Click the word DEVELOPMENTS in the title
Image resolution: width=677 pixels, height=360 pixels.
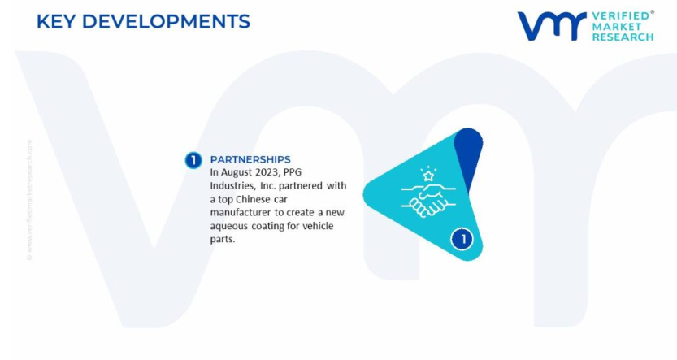[x=167, y=22]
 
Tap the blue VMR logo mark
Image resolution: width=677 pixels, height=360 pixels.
[x=552, y=26]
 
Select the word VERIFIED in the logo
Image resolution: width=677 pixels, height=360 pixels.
[x=621, y=16]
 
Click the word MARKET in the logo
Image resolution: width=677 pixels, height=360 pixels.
[x=617, y=26]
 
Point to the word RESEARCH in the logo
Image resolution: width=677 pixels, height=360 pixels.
[x=623, y=37]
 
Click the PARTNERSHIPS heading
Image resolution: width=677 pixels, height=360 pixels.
[x=250, y=159]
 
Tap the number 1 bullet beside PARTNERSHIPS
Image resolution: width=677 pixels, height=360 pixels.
[x=193, y=160]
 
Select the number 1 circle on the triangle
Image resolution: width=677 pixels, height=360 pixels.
[x=462, y=239]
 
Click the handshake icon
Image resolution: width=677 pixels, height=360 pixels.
[x=428, y=201]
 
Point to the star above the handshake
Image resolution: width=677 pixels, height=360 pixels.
[x=428, y=175]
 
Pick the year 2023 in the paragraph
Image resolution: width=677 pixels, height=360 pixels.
[x=267, y=172]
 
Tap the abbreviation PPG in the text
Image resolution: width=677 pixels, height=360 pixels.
[x=293, y=172]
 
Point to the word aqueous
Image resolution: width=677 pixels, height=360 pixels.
[x=229, y=227]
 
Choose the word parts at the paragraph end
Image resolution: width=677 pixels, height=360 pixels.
[x=223, y=240]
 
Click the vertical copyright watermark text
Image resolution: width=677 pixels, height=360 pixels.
[x=29, y=199]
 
